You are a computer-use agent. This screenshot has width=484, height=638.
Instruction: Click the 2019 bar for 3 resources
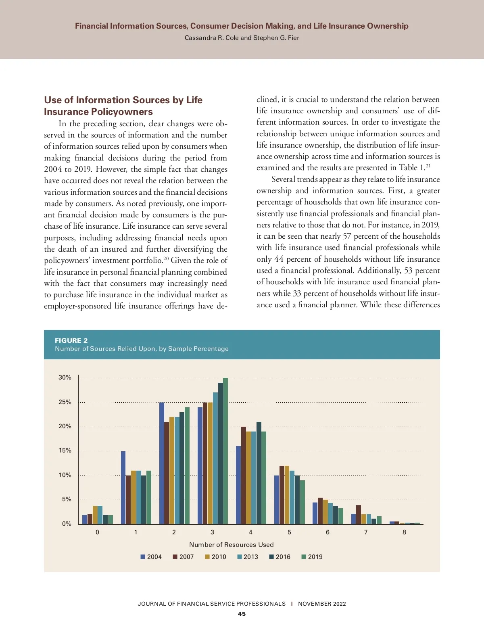(x=225, y=451)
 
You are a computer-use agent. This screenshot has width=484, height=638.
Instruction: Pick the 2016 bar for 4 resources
(x=259, y=473)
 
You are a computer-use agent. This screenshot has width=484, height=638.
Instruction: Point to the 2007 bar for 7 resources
(x=359, y=515)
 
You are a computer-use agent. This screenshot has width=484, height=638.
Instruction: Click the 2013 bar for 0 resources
(x=100, y=515)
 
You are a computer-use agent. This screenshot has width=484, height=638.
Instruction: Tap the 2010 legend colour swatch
(x=207, y=557)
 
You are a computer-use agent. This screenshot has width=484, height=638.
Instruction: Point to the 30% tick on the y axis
(x=65, y=377)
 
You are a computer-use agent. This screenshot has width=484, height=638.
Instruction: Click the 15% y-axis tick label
(x=65, y=450)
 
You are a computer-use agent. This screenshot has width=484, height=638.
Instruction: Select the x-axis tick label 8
(x=404, y=532)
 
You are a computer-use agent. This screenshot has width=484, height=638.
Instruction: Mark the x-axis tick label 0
(x=97, y=532)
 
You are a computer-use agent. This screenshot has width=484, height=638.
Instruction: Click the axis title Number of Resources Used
(x=231, y=545)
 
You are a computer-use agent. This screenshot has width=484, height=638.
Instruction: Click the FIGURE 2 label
(x=71, y=340)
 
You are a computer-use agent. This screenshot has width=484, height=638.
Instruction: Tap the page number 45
(x=242, y=614)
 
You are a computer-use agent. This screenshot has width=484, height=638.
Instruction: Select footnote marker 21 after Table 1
(x=428, y=166)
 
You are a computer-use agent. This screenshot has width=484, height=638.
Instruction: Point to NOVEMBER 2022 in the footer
(x=322, y=604)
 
